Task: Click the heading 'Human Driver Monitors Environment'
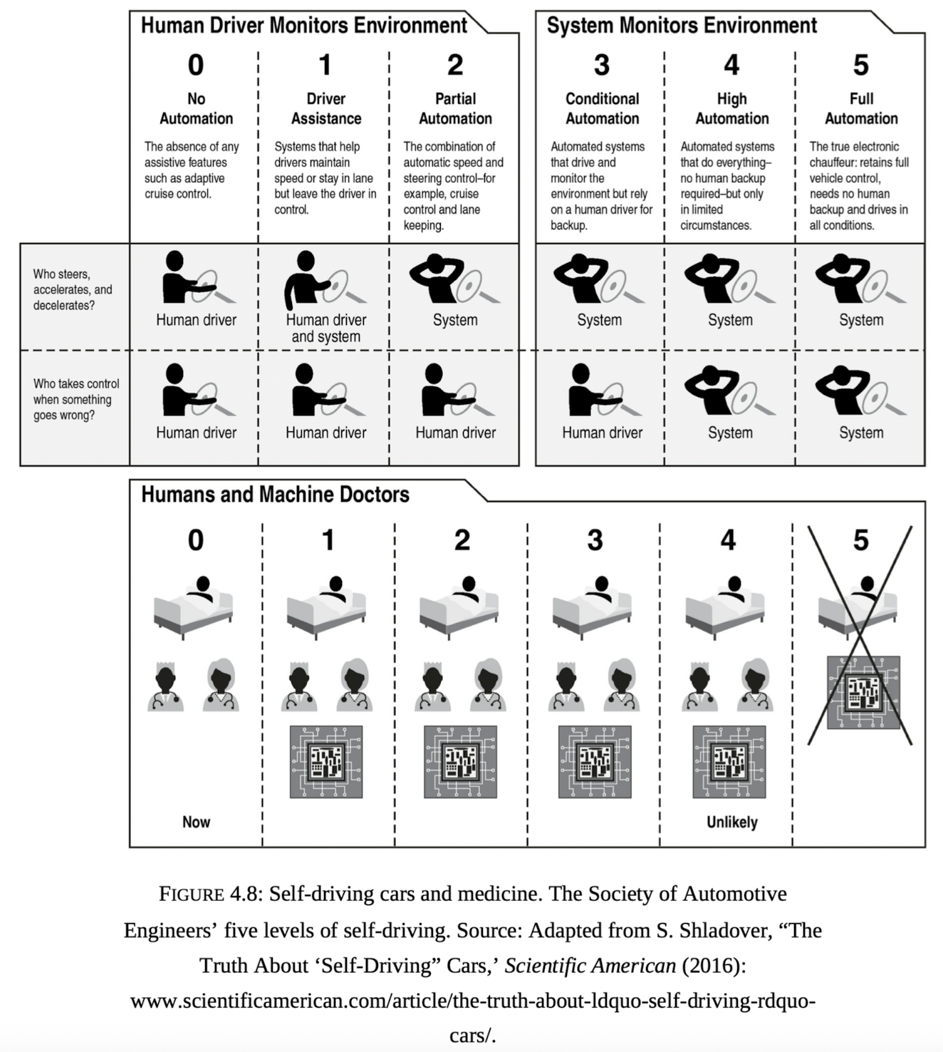coord(303,25)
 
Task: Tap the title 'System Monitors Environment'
coord(682,25)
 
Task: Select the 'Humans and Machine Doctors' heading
coord(275,495)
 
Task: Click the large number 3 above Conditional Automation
coord(602,65)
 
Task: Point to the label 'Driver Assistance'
coord(326,108)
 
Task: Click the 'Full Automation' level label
coord(861,108)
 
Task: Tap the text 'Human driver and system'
coord(326,328)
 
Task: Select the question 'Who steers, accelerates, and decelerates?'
coord(73,290)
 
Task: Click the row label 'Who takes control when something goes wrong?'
coord(76,399)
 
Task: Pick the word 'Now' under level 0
coord(196,822)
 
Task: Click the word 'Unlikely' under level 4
coord(731,822)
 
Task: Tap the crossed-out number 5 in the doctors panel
coord(860,540)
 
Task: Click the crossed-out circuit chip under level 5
coord(863,692)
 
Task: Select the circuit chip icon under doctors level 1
coord(326,762)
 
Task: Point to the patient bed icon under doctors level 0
coord(193,607)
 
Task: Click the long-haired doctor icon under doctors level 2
coord(487,685)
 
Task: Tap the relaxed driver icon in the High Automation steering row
coord(730,278)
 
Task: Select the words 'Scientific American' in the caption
coord(590,965)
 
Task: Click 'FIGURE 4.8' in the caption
coord(208,894)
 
